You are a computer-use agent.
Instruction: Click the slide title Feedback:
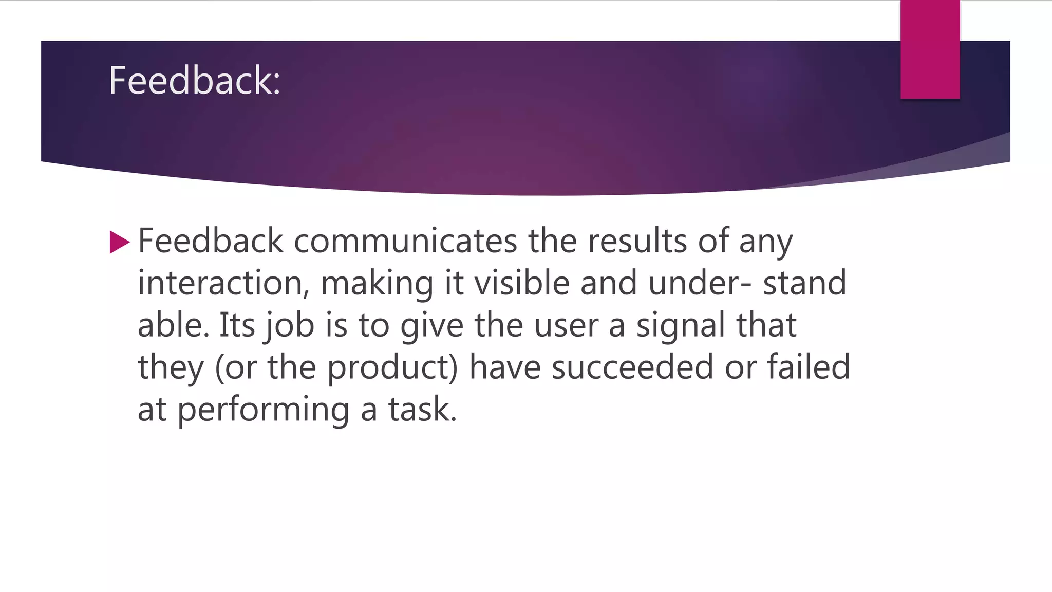(x=194, y=81)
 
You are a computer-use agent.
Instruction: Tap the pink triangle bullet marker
(x=119, y=242)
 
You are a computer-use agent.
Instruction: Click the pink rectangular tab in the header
(x=930, y=49)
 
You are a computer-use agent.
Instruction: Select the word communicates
(x=405, y=241)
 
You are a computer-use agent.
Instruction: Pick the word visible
(x=521, y=283)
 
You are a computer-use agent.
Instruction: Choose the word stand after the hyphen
(x=804, y=283)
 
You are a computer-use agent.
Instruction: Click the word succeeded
(x=632, y=367)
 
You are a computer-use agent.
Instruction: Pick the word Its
(x=237, y=325)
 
